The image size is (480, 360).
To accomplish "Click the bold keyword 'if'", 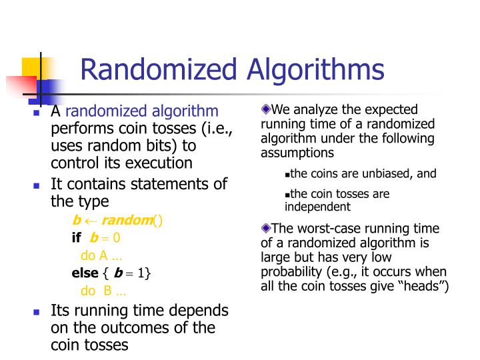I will (76, 238).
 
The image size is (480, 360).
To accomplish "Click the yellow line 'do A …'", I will (101, 255).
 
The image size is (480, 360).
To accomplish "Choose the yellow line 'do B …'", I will (103, 290).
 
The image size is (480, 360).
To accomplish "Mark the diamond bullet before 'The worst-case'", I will (265, 228).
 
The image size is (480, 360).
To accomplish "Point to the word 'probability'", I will (291, 272).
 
